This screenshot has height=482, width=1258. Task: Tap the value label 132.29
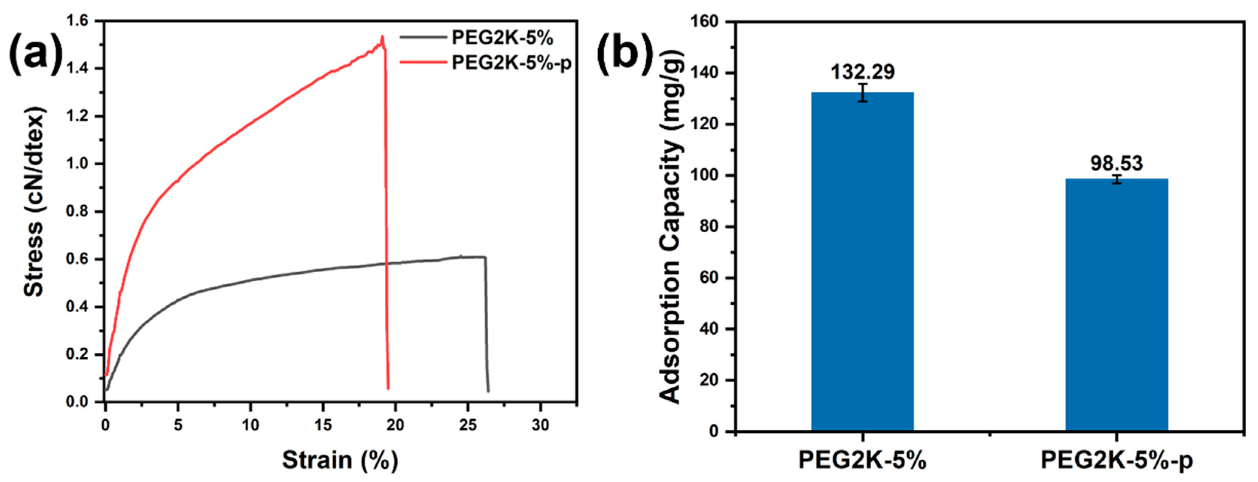863,72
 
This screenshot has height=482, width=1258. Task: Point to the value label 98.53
1117,163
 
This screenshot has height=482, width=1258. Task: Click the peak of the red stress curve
382,36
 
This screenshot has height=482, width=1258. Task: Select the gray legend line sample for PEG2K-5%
423,37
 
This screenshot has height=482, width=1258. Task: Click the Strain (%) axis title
340,460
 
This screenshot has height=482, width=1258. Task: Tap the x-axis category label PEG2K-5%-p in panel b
1117,461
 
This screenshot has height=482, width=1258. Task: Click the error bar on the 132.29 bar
863,92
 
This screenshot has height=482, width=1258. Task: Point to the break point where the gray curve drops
485,258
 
